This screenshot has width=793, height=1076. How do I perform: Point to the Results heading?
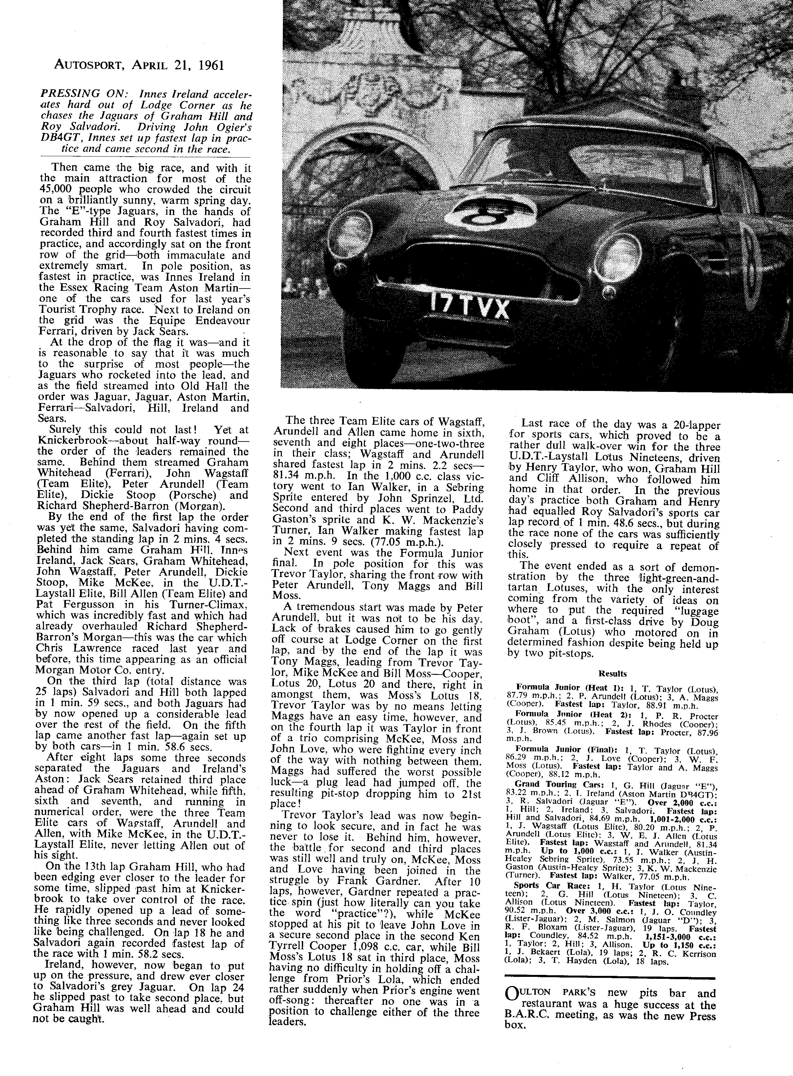[613, 674]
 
